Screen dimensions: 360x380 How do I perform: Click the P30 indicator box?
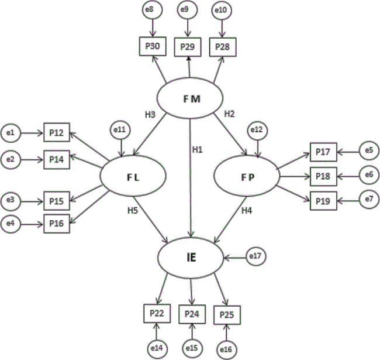pyautogui.click(x=154, y=46)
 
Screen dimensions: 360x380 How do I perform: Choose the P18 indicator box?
pyautogui.click(x=324, y=176)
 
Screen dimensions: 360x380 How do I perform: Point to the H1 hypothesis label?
pyautogui.click(x=198, y=149)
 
